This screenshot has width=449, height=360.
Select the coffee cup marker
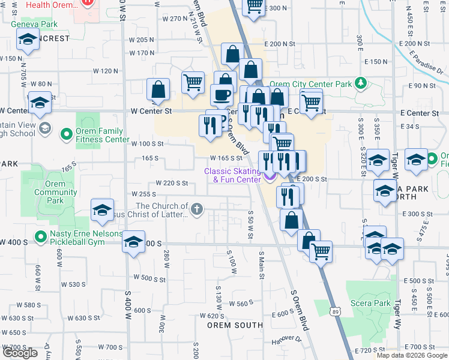point(221,95)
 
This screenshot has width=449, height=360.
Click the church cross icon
point(196,209)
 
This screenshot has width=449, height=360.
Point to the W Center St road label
point(151,111)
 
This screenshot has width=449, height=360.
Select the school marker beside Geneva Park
point(28,41)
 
